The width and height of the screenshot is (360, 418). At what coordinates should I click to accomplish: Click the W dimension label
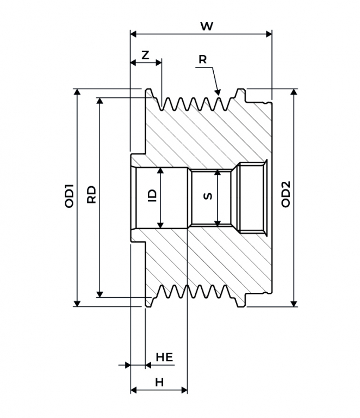pyautogui.click(x=207, y=26)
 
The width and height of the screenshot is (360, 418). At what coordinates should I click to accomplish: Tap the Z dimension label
pyautogui.click(x=145, y=55)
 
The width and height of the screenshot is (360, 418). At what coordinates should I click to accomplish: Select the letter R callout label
pyautogui.click(x=203, y=59)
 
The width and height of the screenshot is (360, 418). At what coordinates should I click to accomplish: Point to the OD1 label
pyautogui.click(x=69, y=196)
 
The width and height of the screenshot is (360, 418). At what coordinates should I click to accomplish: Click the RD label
pyautogui.click(x=91, y=195)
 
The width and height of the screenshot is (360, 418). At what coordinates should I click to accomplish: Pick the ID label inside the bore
pyautogui.click(x=153, y=196)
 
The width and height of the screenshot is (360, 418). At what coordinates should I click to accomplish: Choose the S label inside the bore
pyautogui.click(x=208, y=196)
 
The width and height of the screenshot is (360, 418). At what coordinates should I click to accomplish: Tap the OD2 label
pyautogui.click(x=285, y=194)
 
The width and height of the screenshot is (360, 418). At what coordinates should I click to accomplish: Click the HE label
pyautogui.click(x=164, y=357)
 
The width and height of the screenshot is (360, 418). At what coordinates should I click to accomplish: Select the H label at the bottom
pyautogui.click(x=159, y=383)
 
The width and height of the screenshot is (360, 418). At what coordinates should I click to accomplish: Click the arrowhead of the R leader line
pyautogui.click(x=218, y=92)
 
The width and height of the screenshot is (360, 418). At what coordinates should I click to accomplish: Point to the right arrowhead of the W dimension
pyautogui.click(x=269, y=34)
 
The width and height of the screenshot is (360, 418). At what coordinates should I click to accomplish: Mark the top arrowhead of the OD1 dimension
pyautogui.click(x=77, y=92)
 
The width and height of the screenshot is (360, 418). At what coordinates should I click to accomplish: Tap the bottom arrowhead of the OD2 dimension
pyautogui.click(x=294, y=303)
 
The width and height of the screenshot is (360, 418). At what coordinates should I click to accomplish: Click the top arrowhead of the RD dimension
pyautogui.click(x=100, y=101)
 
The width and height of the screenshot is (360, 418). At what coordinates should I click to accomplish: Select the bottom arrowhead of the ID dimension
pyautogui.click(x=160, y=225)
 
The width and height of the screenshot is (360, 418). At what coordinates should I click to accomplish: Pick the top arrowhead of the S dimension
pyautogui.click(x=218, y=173)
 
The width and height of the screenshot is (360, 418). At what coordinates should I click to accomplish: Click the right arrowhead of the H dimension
pyautogui.click(x=184, y=390)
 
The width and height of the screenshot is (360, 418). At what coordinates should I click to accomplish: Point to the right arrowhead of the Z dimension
pyautogui.click(x=159, y=63)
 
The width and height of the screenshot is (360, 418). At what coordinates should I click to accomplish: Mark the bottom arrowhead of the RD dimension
pyautogui.click(x=100, y=294)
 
